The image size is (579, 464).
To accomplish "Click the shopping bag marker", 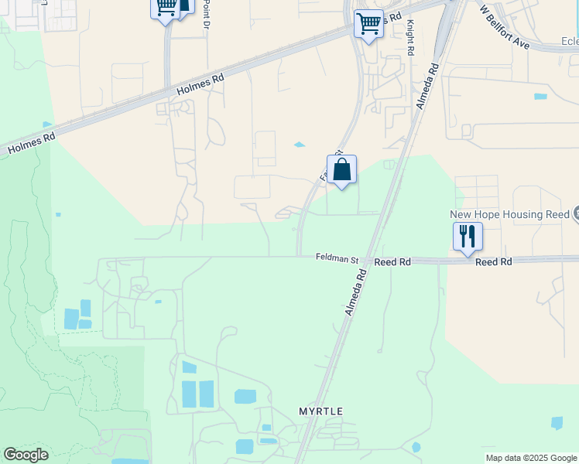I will tap(341, 170).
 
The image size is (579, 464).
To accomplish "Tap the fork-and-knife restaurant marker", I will tap(468, 235).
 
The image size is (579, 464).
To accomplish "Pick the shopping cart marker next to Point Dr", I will tap(165, 8).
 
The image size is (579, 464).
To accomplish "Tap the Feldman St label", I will tap(337, 258).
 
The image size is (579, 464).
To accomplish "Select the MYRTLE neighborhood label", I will tap(320, 411).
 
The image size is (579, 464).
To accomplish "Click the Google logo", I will tap(26, 455).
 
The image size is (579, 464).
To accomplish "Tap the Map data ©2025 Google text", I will tap(532, 459).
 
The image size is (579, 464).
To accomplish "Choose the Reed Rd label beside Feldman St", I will tap(392, 262).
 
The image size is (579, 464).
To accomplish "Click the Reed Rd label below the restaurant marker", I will tap(494, 262).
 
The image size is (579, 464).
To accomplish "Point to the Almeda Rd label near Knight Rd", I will tap(427, 87).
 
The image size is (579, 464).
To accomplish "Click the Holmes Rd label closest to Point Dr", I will tap(200, 84).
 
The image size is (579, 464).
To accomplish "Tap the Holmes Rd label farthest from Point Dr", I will tap(32, 143).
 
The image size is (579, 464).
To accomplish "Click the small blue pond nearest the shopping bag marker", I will tap(299, 145).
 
